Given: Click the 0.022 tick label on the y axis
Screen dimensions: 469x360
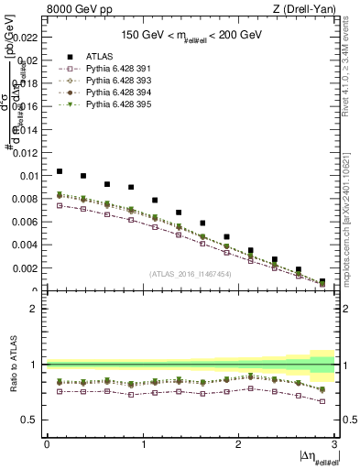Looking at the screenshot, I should (27, 38).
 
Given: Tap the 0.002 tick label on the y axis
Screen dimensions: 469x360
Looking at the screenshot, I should (27, 268).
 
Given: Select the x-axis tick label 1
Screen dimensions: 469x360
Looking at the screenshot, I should (142, 444).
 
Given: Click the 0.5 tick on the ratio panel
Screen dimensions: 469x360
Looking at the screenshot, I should (33, 420).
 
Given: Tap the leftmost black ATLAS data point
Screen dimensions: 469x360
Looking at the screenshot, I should (60, 171).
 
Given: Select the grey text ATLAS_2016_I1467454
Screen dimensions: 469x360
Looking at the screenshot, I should (191, 274).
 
